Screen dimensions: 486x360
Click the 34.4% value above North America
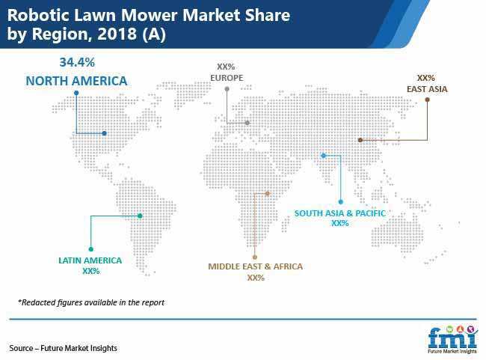[x=77, y=62]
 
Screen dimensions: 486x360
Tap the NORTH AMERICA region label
[x=76, y=81]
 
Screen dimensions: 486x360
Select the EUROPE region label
[x=227, y=78]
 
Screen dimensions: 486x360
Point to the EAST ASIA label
[x=427, y=89]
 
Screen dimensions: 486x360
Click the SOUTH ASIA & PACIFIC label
[x=340, y=213]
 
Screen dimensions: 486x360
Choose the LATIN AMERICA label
[x=90, y=260]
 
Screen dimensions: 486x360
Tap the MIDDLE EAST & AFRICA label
[x=256, y=266]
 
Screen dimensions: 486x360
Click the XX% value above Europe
[x=226, y=67]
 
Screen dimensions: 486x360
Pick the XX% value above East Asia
[x=426, y=78]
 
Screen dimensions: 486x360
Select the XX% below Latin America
[x=90, y=271]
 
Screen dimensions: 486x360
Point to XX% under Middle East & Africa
[x=256, y=278]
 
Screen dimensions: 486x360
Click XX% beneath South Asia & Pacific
[x=340, y=223]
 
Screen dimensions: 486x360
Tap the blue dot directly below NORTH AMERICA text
[x=76, y=93]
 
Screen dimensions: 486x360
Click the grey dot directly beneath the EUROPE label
[x=227, y=89]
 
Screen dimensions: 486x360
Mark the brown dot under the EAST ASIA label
[x=428, y=100]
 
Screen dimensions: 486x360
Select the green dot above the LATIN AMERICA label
[x=90, y=249]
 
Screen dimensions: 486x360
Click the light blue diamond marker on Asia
[x=323, y=156]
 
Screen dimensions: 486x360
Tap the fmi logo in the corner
[x=452, y=340]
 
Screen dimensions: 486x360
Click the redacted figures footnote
[x=91, y=302]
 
